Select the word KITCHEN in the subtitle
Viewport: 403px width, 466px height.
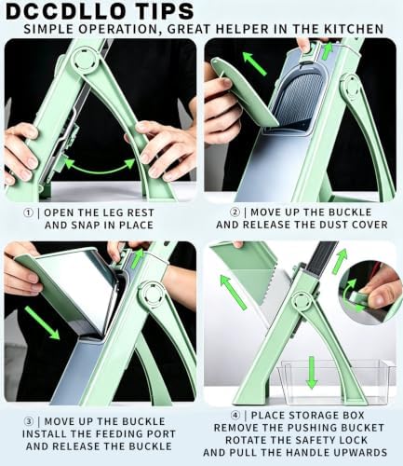click(354, 29)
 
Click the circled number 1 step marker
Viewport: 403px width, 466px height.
click(28, 212)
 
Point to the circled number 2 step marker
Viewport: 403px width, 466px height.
click(235, 212)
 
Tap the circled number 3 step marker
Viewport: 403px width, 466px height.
click(29, 421)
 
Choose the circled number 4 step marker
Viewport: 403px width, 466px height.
click(235, 416)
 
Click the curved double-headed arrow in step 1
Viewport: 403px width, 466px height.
click(100, 171)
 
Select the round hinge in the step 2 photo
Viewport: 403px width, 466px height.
click(351, 87)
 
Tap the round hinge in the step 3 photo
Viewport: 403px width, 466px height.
click(152, 295)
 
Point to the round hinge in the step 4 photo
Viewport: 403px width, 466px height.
click(302, 301)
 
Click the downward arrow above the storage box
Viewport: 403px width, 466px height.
click(312, 372)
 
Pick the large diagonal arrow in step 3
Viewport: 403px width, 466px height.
click(42, 322)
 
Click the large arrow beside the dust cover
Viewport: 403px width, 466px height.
click(254, 63)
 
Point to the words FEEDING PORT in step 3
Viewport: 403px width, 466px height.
click(128, 434)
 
